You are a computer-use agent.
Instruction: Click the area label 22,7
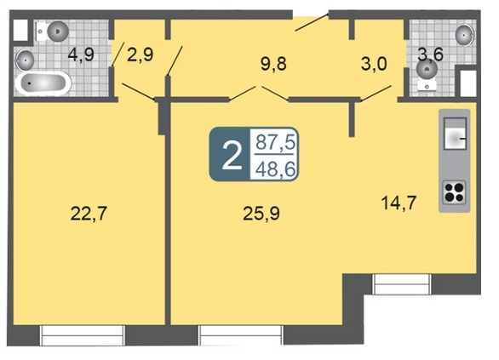pos(89,214)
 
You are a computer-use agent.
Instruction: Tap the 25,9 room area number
pos(261,214)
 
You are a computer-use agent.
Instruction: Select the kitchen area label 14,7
pos(399,203)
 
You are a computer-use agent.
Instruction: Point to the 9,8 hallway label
pos(273,64)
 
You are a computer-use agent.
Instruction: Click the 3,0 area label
pos(374,64)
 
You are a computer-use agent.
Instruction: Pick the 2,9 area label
pos(140,54)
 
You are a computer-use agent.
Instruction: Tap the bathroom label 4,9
pos(81,54)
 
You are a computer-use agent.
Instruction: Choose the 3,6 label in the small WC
pos(430,54)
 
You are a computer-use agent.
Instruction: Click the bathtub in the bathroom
pos(43,83)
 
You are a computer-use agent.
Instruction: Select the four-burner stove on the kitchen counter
pos(454,192)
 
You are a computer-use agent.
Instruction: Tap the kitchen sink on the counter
pos(455,134)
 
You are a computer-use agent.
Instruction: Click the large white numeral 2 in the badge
pos(232,155)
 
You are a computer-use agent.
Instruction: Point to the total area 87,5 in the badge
pos(276,142)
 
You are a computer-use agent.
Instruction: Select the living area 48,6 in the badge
pos(276,169)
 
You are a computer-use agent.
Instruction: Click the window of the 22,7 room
pos(82,335)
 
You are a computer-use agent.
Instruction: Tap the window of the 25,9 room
pos(241,335)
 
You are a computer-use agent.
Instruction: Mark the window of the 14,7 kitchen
pos(402,284)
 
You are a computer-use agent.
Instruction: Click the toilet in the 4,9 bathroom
pos(53,31)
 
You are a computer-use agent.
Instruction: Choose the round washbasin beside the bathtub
pos(25,60)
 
